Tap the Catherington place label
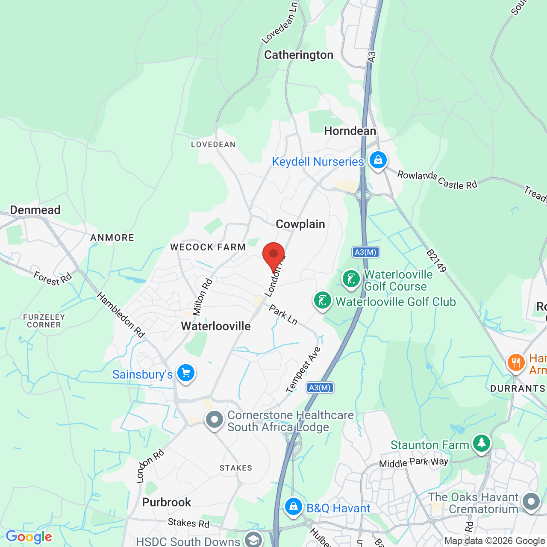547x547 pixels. tap(299, 55)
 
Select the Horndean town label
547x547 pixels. tap(350, 131)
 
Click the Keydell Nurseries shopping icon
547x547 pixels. tap(378, 160)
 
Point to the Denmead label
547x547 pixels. tap(35, 210)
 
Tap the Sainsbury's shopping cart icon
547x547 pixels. tap(186, 373)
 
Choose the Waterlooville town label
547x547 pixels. tap(216, 326)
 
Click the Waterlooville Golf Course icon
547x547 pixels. tap(351, 279)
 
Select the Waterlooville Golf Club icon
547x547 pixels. tap(323, 300)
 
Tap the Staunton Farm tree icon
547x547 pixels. tap(482, 443)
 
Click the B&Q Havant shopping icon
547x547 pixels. tap(293, 506)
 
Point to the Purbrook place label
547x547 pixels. tap(166, 503)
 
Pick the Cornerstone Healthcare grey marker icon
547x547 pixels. tap(215, 420)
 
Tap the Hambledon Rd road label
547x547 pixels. tap(121, 315)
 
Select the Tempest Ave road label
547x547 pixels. tap(303, 370)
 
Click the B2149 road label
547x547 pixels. tap(436, 261)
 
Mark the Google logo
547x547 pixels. tap(29, 537)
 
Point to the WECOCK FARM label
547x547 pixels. tap(208, 247)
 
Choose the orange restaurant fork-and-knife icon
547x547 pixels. tap(516, 363)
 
